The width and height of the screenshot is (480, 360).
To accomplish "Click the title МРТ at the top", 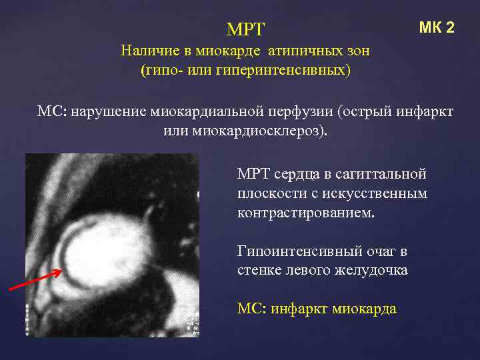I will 245,29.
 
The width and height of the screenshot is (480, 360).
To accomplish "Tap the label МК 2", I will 437,27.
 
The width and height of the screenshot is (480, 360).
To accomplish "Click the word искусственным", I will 375,194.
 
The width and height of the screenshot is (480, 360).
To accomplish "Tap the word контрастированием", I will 305,213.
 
